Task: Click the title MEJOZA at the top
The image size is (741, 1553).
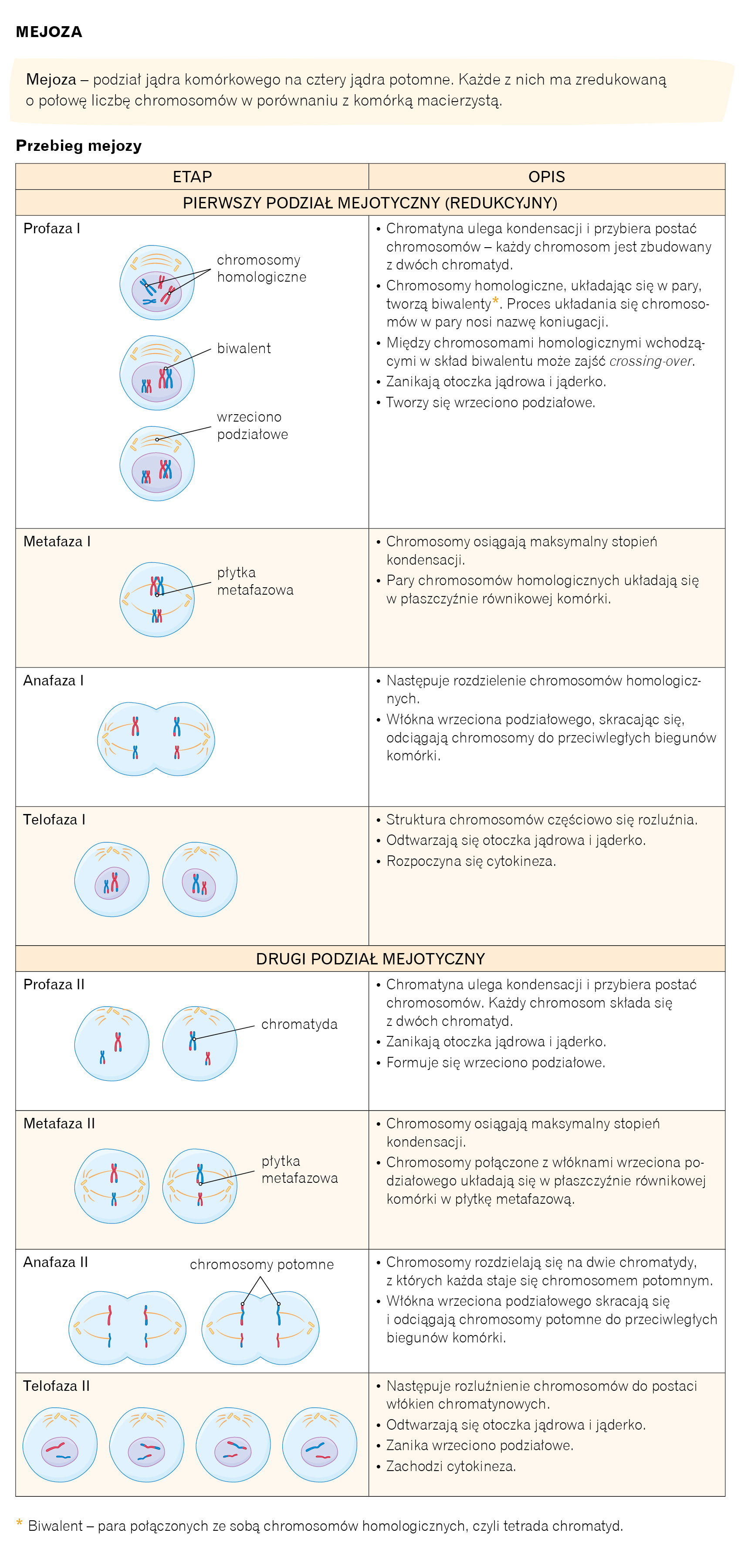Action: pos(49,32)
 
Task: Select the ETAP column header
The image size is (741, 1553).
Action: pos(192,177)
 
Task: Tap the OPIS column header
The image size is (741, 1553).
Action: pos(546,177)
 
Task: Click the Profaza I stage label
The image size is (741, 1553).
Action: pos(52,228)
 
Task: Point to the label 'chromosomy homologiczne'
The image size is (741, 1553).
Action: pos(261,268)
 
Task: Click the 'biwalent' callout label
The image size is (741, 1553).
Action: pos(244,348)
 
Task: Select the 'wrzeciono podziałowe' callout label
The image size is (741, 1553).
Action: pos(252,426)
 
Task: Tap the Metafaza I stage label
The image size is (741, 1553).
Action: pos(57,542)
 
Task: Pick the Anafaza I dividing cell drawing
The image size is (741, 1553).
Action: pos(156,739)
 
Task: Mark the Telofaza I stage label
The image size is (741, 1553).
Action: pos(54,819)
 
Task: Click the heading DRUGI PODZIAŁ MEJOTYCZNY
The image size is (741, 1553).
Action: pos(370,959)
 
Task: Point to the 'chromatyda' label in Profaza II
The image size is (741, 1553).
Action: pos(299,1024)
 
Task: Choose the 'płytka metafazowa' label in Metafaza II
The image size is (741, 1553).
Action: pos(299,1170)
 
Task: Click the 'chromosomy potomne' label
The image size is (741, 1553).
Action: pos(261,1264)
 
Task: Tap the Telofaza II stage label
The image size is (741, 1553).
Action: pos(57,1386)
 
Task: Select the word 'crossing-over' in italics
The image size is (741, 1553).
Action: pos(651,361)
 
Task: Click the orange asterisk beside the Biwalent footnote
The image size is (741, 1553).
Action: pos(19,1525)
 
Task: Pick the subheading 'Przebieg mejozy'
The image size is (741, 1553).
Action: pos(79,146)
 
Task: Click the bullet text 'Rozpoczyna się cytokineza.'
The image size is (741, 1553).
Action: pos(470,861)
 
